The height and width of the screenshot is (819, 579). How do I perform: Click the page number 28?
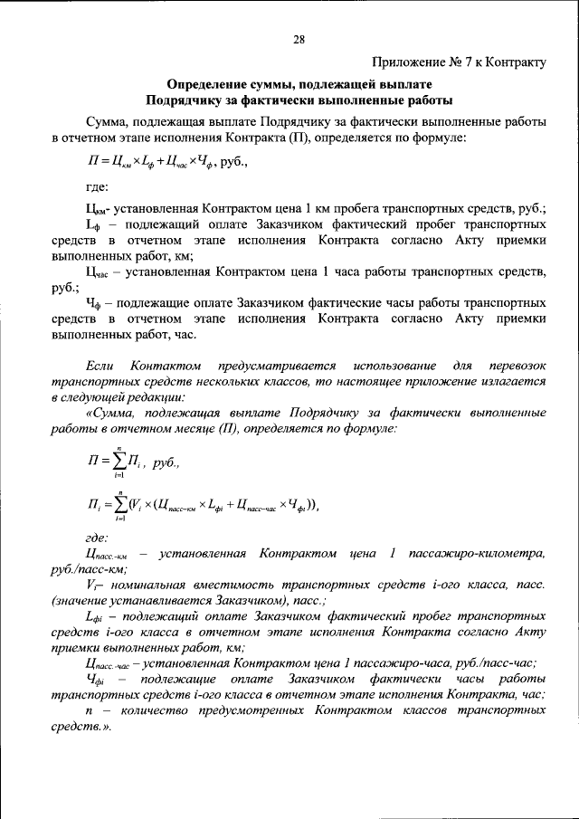(299, 39)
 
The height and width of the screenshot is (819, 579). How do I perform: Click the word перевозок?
(515, 366)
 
